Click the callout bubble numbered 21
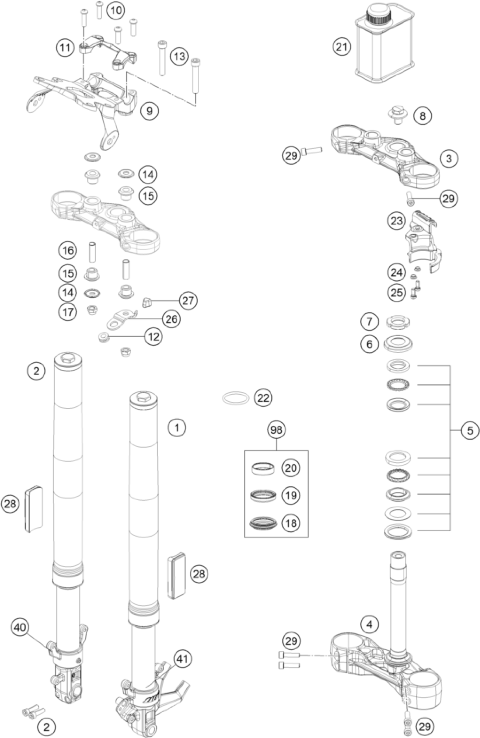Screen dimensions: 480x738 coord(342,47)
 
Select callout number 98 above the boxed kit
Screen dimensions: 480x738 coord(276,430)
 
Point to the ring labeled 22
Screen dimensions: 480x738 coord(236,398)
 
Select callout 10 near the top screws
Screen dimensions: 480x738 coord(116,10)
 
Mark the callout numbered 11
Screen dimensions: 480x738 coord(65,48)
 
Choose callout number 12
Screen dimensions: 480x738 coord(154,337)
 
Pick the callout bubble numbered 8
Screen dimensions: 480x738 coord(422,116)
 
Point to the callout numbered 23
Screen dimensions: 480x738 coord(397,221)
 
